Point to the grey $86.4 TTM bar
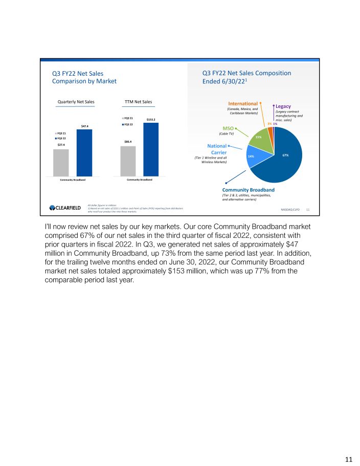point(128,161)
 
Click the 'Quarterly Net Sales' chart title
point(76,102)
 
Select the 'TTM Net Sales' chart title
point(139,102)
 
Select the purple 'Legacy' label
point(283,106)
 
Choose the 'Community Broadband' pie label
point(248,190)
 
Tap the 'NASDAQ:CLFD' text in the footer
point(291,210)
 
